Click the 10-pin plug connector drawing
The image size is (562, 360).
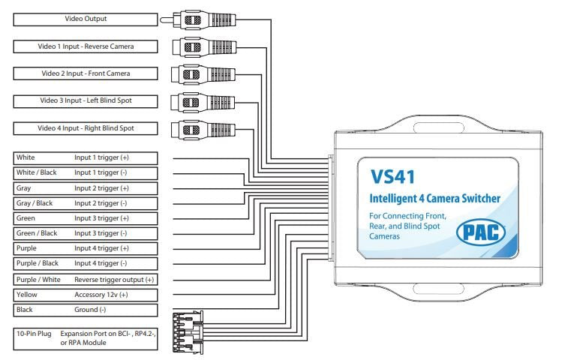pyautogui.click(x=188, y=329)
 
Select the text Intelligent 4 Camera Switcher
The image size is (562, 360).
pyautogui.click(x=436, y=199)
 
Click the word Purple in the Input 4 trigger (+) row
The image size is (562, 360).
pyautogui.click(x=27, y=248)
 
